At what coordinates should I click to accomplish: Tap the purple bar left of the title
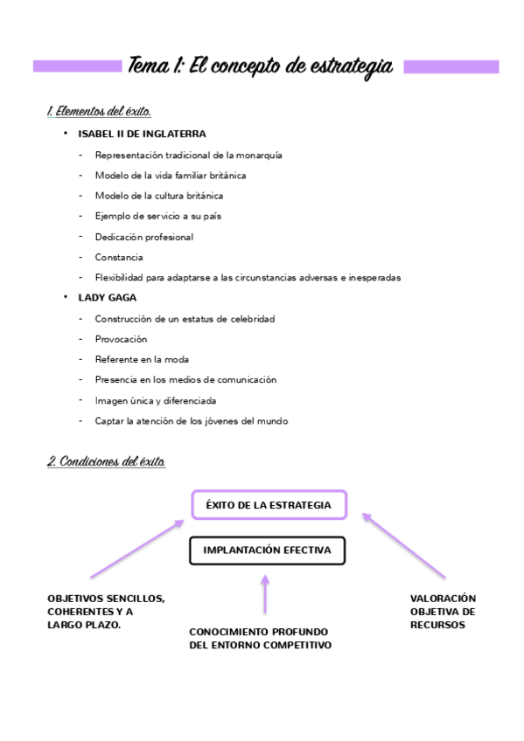(x=77, y=66)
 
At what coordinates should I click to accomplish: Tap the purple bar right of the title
(x=451, y=66)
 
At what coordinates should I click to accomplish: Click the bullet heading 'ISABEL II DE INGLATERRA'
(x=142, y=134)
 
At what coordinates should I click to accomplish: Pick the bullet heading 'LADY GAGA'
(x=107, y=297)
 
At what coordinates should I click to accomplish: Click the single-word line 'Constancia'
(x=119, y=257)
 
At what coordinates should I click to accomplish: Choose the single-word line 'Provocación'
(x=121, y=339)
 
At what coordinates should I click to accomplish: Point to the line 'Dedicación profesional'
(x=144, y=237)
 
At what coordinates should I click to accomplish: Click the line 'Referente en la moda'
(x=142, y=359)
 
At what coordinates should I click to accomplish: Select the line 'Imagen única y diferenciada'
(x=156, y=400)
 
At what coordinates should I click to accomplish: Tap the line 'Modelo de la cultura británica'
(x=158, y=196)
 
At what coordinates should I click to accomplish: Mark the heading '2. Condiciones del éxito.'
(x=106, y=461)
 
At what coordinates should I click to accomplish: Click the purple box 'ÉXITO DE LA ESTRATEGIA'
(x=268, y=505)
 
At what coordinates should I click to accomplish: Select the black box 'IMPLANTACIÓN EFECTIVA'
(x=267, y=551)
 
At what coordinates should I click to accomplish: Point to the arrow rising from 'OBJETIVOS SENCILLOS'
(x=136, y=549)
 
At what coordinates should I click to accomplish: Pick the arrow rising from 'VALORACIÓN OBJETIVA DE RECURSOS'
(x=404, y=545)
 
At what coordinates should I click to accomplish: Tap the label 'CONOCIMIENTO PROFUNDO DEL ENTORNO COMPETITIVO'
(x=260, y=638)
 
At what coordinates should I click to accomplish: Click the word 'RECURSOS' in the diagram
(x=437, y=625)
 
